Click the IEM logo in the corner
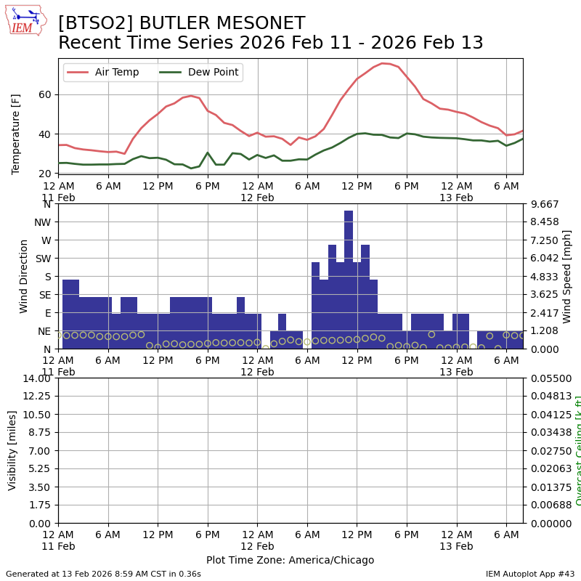pos(25,20)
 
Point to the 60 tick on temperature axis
pos(44,94)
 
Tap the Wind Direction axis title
pos(24,276)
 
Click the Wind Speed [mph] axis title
pos(567,276)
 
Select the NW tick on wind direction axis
pos(42,222)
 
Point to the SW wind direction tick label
pos(43,259)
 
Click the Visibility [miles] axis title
pos(12,450)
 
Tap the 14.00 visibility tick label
pos(36,378)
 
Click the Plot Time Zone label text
pos(290,560)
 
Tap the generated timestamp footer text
pos(103,574)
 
